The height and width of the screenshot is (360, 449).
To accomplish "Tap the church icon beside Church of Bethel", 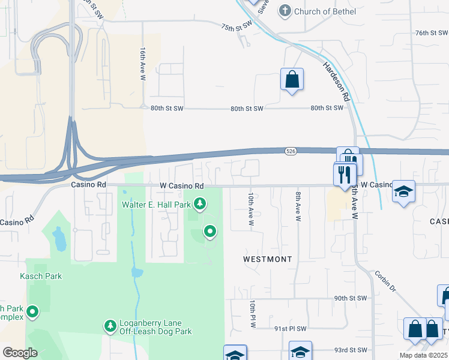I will (x=285, y=11).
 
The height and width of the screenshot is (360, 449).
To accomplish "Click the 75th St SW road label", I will (x=237, y=28).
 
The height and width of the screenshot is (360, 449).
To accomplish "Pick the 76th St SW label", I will (x=432, y=33).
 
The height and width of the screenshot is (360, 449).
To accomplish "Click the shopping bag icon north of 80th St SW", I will (x=292, y=79).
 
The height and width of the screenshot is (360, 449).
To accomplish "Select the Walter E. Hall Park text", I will (x=156, y=205).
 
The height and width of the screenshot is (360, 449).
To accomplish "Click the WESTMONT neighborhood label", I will (x=267, y=259).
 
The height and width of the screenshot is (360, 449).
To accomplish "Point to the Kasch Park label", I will (x=41, y=276).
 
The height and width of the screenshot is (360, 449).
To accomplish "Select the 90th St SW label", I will (x=350, y=298).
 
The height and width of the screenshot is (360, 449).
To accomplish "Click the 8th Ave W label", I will (x=297, y=206).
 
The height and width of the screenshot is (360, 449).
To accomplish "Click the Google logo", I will (x=20, y=353).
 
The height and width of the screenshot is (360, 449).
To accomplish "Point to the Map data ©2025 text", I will (x=423, y=355).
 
